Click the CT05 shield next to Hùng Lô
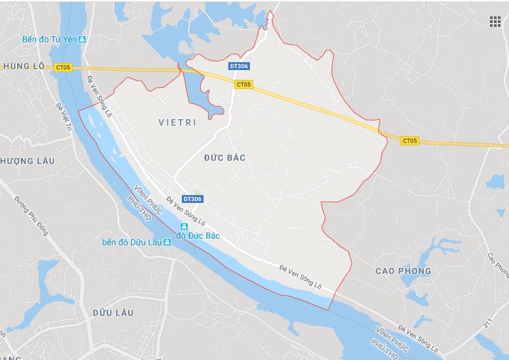pos(63,67)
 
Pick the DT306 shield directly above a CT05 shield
pos(239,67)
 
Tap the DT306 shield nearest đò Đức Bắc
pos(192,198)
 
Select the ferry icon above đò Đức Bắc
pos(184,226)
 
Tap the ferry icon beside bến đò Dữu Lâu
pos(167,242)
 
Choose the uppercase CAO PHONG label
pos(404,271)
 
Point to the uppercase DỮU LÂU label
pos(113,313)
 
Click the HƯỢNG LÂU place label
pos(22,161)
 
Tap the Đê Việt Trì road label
pos(63,120)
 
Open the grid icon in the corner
pos(495,22)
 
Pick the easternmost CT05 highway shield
pos(410,140)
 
